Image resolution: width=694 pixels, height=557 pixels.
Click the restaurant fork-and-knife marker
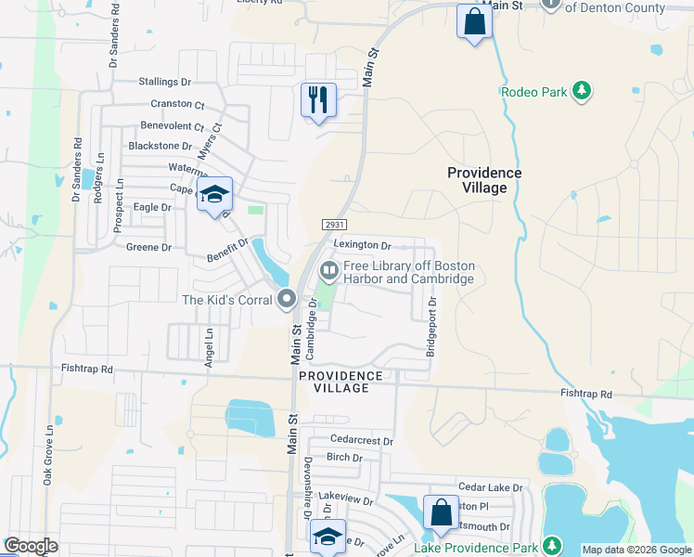point(318,99)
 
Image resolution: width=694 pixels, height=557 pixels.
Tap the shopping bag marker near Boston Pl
point(441,512)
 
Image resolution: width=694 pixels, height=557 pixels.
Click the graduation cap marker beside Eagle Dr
point(214,194)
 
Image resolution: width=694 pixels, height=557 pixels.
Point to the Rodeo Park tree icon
point(582,91)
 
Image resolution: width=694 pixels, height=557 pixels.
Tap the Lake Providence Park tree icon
point(552,546)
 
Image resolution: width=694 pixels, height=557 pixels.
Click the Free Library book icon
point(328,271)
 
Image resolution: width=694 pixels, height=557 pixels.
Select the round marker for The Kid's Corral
point(287,299)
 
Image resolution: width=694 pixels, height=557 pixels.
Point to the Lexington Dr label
point(362,245)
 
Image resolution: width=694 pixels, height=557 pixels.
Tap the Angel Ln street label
point(210,346)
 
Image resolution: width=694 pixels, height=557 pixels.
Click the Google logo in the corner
point(31,546)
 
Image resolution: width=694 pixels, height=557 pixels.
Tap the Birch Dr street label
point(344,457)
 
